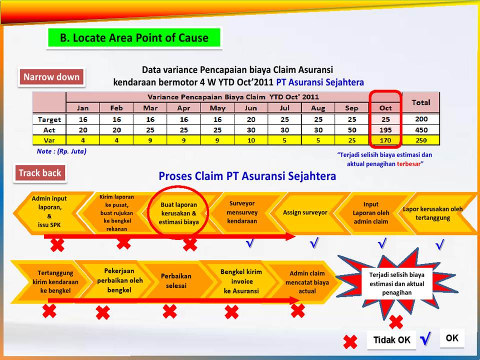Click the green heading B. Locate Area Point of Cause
(134, 38)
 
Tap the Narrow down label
(51, 77)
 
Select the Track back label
(40, 173)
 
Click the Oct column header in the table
(385, 107)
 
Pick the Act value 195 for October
(385, 129)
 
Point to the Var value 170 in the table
(385, 139)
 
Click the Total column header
(420, 102)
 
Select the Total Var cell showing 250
(420, 139)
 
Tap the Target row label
(49, 119)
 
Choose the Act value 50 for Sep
(351, 129)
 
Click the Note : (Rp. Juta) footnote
(61, 151)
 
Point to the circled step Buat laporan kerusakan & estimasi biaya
(179, 213)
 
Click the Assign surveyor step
(305, 212)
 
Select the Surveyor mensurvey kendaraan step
(242, 212)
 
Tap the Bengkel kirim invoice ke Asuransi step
(241, 281)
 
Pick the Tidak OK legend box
(391, 340)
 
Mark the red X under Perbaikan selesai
(169, 311)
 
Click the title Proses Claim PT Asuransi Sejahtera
(247, 176)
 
